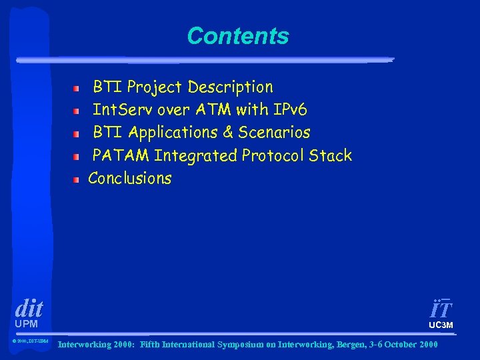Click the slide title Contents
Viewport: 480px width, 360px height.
pyautogui.click(x=238, y=36)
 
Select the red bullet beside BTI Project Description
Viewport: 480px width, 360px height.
pyautogui.click(x=77, y=88)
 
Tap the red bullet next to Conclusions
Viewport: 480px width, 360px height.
pyautogui.click(x=77, y=179)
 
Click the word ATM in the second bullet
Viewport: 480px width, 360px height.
pyautogui.click(x=213, y=109)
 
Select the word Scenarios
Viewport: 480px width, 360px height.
pyautogui.click(x=274, y=133)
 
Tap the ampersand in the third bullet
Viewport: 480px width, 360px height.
pyautogui.click(x=227, y=133)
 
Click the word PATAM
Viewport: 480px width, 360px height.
pyautogui.click(x=121, y=156)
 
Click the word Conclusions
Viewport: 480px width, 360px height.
pyautogui.click(x=130, y=179)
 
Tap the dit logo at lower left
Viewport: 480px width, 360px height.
pyautogui.click(x=29, y=308)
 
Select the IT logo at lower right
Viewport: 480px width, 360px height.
pyautogui.click(x=441, y=309)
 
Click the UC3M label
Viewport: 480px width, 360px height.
pyautogui.click(x=441, y=325)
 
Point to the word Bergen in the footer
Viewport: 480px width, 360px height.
pyautogui.click(x=333, y=345)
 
